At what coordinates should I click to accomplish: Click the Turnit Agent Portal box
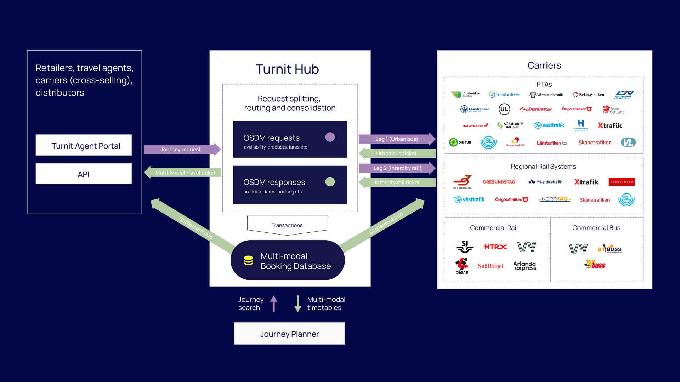84,145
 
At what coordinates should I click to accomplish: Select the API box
84,174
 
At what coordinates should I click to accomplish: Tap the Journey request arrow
181,149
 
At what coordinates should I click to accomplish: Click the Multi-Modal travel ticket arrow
183,173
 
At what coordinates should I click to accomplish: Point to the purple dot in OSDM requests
330,137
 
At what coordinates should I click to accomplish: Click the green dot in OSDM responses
330,182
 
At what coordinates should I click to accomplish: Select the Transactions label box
287,225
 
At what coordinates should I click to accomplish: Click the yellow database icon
248,260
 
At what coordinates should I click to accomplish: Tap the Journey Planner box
289,334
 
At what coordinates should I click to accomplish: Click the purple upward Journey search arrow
274,304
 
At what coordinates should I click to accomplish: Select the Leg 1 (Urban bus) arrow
397,139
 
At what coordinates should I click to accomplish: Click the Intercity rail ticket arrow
397,183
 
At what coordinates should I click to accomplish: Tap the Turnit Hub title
287,69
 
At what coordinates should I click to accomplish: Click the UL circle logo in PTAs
504,109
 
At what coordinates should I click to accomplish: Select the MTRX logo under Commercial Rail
495,247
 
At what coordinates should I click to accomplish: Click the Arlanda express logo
525,266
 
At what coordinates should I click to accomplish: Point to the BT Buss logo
610,249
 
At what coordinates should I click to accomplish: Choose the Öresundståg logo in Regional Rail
499,182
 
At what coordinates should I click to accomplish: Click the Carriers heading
544,65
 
